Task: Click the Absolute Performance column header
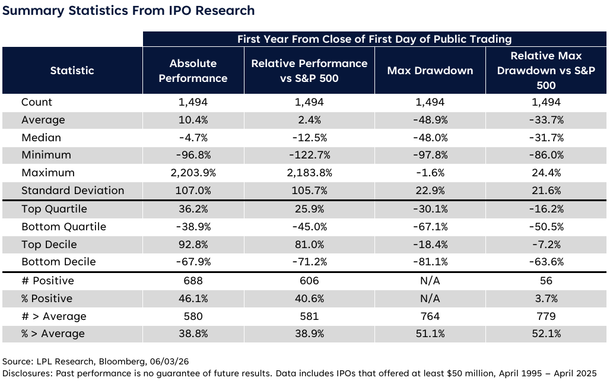[193, 71]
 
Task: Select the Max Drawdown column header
[430, 71]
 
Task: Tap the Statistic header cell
[72, 71]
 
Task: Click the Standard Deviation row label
[73, 191]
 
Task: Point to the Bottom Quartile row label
[63, 227]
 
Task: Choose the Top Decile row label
[49, 245]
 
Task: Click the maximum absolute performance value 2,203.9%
[193, 173]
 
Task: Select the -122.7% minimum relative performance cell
[310, 155]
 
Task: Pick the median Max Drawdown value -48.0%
[430, 138]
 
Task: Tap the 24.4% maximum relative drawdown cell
[546, 173]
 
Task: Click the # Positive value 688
[193, 281]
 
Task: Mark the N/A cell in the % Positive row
[430, 299]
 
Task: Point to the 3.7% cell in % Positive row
[546, 299]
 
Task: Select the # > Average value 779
[546, 316]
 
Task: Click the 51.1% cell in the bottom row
[430, 334]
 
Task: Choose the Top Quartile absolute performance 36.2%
[193, 209]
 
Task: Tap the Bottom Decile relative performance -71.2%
[310, 262]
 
